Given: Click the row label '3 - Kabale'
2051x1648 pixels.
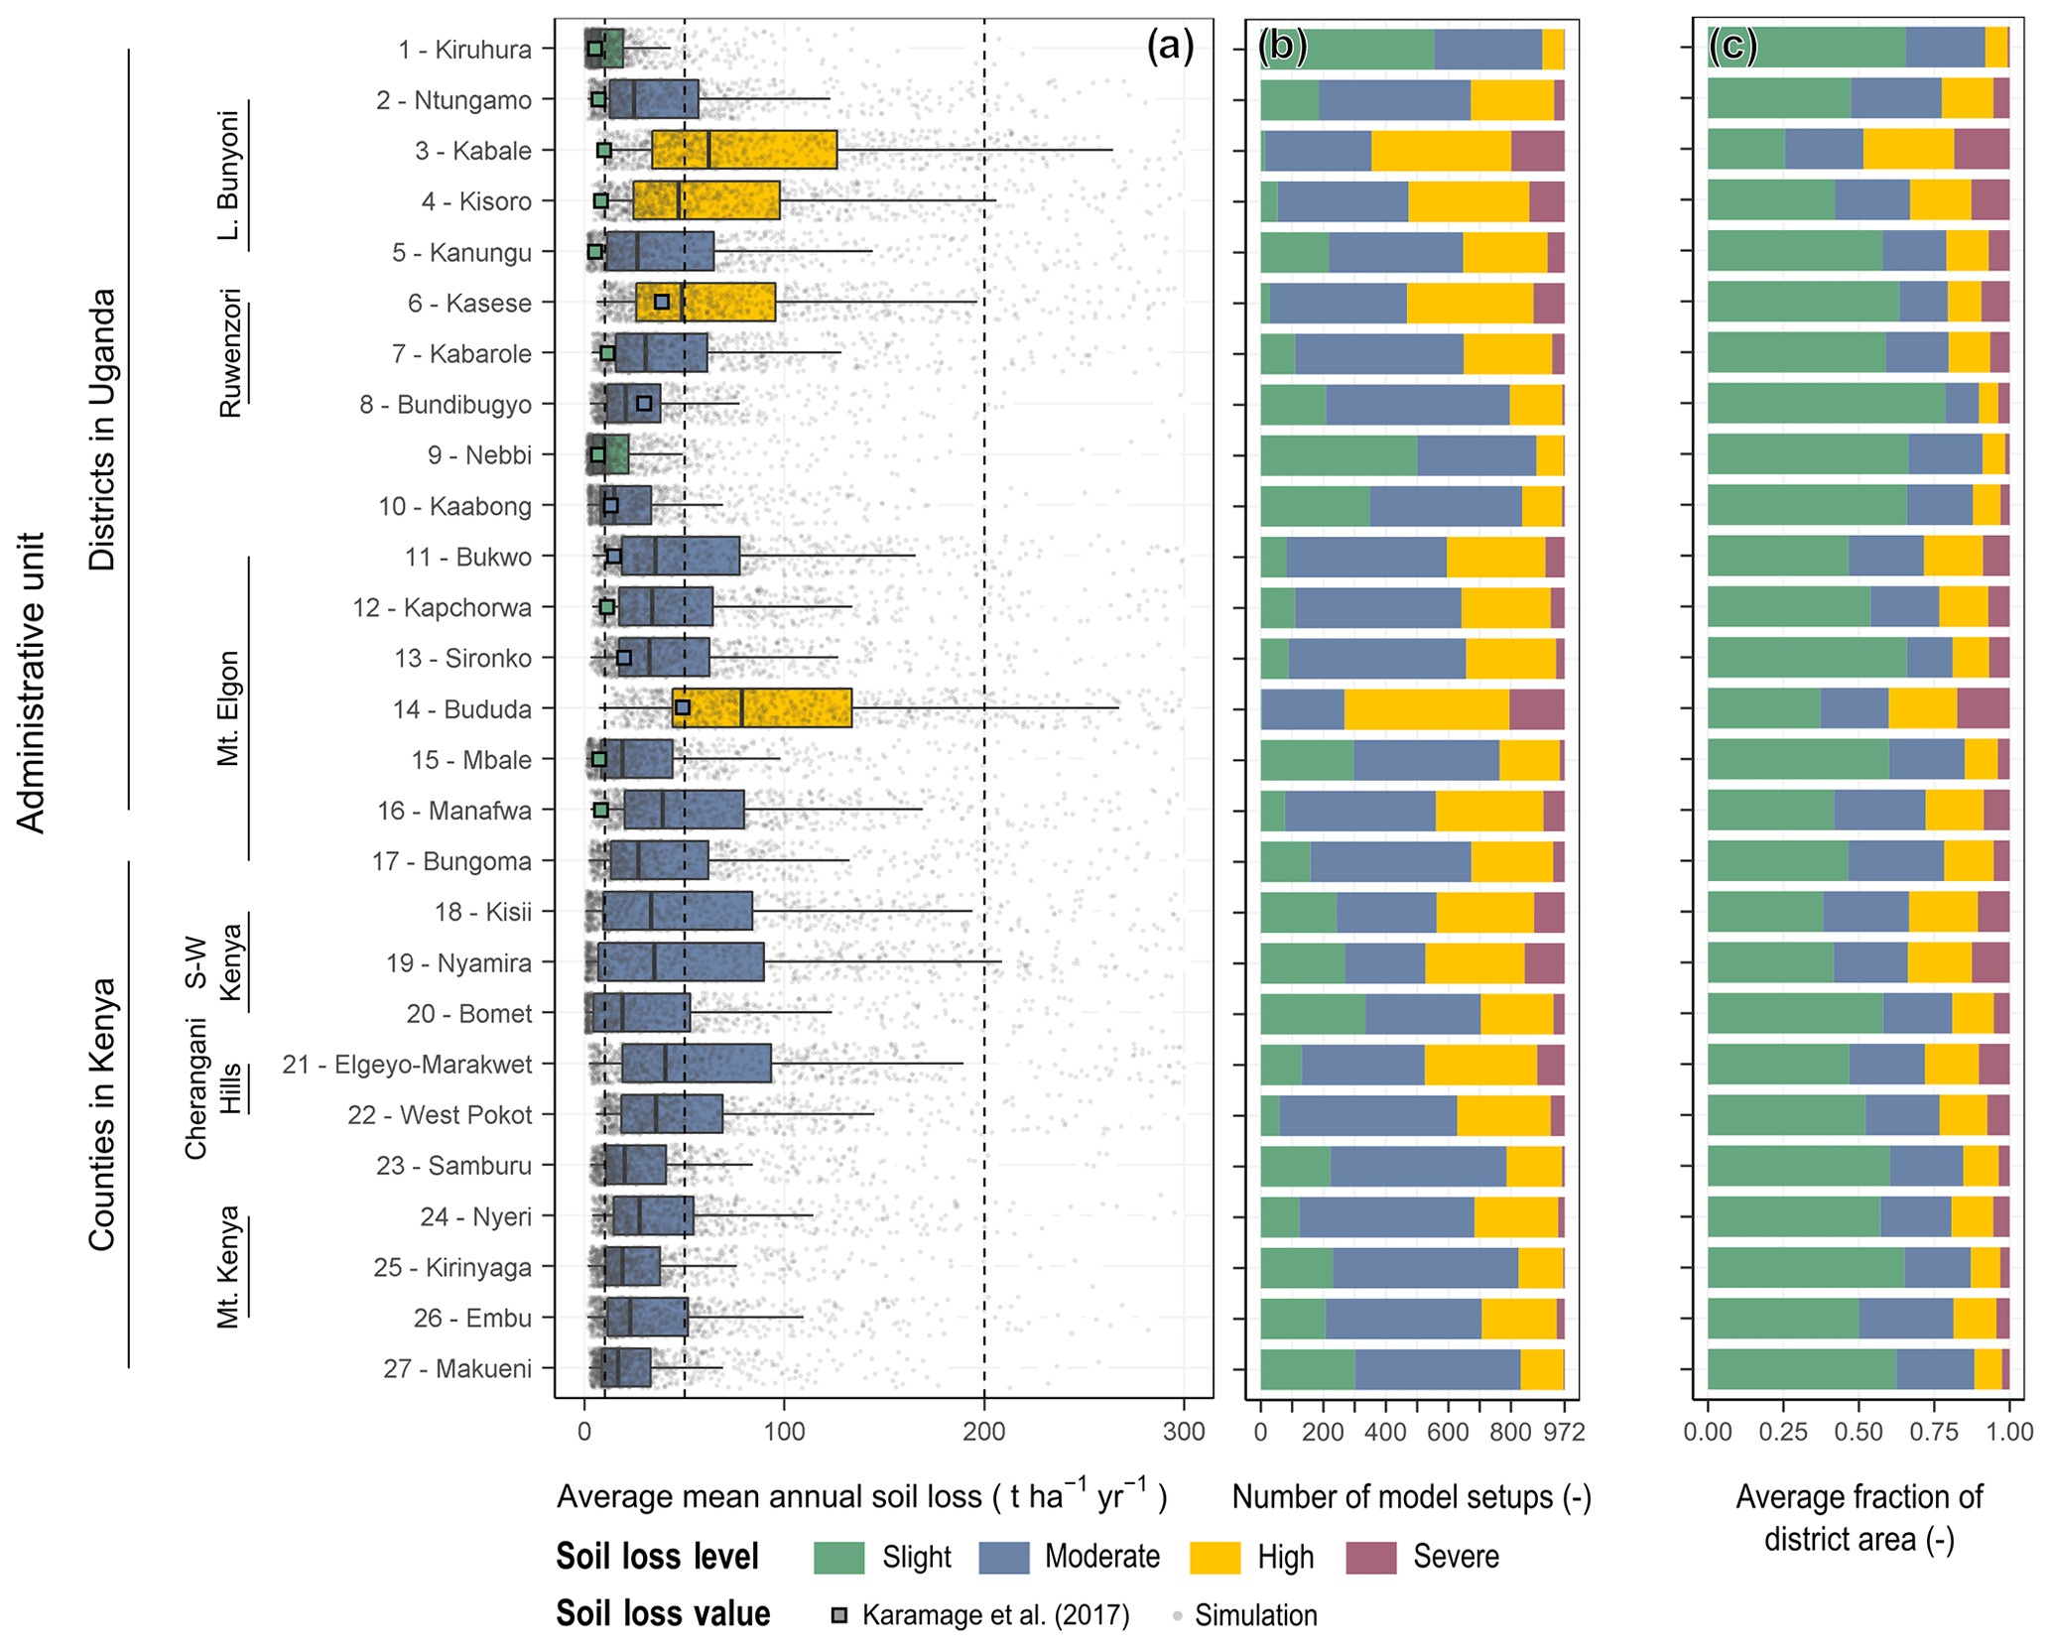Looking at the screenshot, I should pos(472,151).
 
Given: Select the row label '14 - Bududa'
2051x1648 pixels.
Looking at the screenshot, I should pos(461,709).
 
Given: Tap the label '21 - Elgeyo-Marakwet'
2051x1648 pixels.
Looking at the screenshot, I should pos(407,1065).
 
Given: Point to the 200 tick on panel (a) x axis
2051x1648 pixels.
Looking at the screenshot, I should pos(983,1432).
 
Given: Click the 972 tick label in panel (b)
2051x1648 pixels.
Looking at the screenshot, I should pos(1565,1432).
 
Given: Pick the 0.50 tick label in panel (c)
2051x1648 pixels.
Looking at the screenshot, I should pos(1858,1432).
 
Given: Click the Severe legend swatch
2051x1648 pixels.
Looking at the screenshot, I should pos(1371,1557).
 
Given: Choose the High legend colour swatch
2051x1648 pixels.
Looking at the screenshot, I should pos(1215,1557).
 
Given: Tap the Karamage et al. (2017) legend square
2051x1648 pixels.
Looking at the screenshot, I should pos(839,1615).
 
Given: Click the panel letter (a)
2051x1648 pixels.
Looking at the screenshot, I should pos(1170,46).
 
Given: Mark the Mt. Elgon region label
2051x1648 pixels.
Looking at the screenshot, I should pos(229,708).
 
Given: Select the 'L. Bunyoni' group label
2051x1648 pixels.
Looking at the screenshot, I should pos(229,175).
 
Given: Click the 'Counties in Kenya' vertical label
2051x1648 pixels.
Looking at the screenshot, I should pos(102,1114).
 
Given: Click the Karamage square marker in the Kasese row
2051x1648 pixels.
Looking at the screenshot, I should pos(662,302).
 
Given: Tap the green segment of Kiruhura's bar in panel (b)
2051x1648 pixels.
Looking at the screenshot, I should pos(1346,50).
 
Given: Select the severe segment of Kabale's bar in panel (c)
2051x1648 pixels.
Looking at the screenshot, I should pos(1981,149).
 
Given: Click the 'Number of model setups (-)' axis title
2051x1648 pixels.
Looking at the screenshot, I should pos(1411,1497).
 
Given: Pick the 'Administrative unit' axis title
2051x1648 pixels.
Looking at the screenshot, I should pos(32,683).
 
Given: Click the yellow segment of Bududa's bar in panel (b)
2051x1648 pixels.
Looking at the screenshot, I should pos(1426,709).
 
